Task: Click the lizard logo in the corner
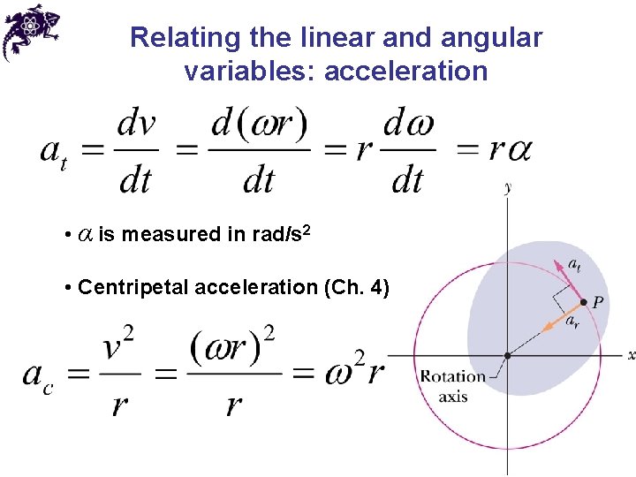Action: point(31,32)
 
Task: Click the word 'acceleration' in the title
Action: point(405,71)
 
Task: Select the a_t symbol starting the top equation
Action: point(54,152)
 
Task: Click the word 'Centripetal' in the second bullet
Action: point(133,287)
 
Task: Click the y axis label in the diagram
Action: point(507,187)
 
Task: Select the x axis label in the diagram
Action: point(630,355)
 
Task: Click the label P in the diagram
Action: point(598,302)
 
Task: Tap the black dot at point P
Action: point(583,302)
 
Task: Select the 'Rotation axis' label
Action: point(452,386)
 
